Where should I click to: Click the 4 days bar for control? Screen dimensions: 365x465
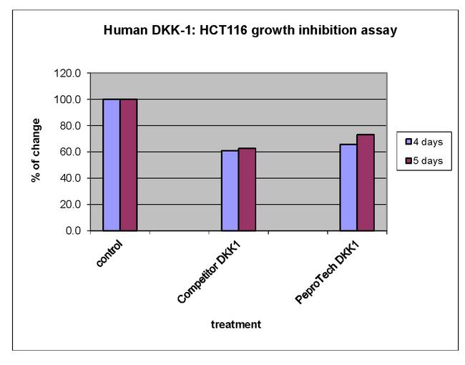click(111, 165)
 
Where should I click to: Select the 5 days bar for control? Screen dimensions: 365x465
click(128, 165)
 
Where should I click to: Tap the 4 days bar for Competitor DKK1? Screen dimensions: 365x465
click(230, 190)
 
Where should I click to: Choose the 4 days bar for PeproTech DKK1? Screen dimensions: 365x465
click(348, 187)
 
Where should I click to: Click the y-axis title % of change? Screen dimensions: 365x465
click(36, 150)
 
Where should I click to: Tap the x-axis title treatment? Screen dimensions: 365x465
click(236, 324)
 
